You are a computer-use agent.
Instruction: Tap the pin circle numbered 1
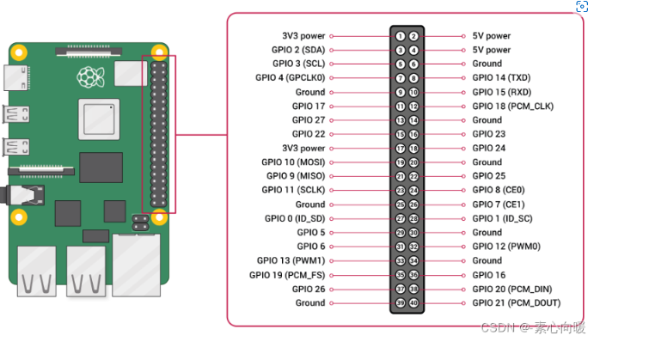(x=400, y=36)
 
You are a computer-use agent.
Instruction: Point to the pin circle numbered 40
(x=413, y=303)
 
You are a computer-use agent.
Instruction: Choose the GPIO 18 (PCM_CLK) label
(x=512, y=107)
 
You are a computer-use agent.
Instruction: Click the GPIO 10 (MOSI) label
(x=293, y=162)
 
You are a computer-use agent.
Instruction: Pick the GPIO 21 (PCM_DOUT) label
(x=516, y=303)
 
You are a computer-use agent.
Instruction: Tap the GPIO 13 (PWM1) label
(x=291, y=260)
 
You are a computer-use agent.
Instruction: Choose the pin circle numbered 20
(x=413, y=162)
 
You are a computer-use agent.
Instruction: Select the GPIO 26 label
(x=309, y=289)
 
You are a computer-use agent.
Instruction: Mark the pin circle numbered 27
(x=400, y=218)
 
